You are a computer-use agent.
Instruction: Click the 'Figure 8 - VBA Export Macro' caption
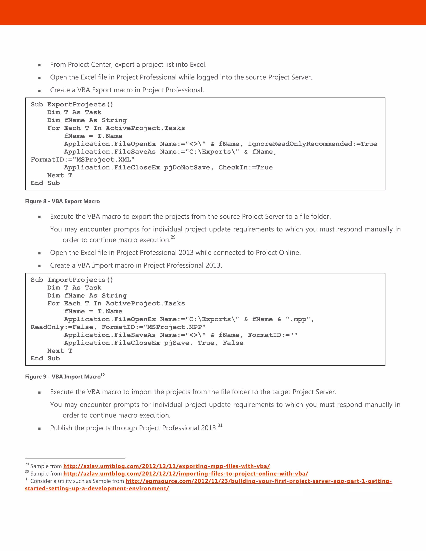[x=62, y=201]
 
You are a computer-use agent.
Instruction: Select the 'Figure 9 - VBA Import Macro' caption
[x=63, y=377]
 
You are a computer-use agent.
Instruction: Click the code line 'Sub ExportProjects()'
[x=72, y=104]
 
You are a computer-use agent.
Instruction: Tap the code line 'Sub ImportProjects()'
[x=72, y=280]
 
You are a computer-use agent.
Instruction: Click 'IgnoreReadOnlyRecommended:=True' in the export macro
[x=312, y=144]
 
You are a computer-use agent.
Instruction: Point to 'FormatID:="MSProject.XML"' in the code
[x=83, y=160]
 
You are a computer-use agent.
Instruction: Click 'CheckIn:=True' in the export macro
[x=245, y=168]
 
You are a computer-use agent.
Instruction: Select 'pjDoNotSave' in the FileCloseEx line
[x=187, y=168]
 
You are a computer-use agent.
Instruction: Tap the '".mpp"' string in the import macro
[x=298, y=319]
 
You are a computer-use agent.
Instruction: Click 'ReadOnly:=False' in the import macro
[x=62, y=327]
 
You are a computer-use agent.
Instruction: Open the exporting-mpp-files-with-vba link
[x=167, y=466]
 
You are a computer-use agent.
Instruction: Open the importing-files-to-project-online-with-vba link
[x=186, y=473]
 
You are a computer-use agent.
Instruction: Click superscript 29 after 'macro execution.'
[x=173, y=237]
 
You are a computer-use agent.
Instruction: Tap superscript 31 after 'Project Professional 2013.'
[x=220, y=425]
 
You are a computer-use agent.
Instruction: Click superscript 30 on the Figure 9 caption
[x=103, y=375]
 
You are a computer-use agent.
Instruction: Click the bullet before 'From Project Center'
[x=39, y=65]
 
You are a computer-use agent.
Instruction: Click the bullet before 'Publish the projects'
[x=39, y=428]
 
